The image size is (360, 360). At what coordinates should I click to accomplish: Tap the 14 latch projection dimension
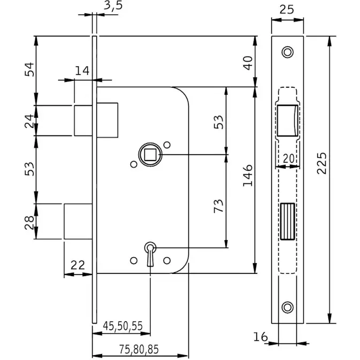(82, 70)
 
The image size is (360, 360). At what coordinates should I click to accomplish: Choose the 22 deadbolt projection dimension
(78, 264)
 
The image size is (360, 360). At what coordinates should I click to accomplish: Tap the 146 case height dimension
(248, 177)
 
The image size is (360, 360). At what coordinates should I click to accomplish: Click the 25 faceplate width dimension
(287, 10)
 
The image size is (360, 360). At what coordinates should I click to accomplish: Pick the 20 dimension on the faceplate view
(288, 158)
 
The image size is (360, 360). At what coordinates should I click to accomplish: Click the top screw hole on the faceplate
(288, 52)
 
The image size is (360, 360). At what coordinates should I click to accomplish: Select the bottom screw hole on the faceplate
(288, 307)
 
